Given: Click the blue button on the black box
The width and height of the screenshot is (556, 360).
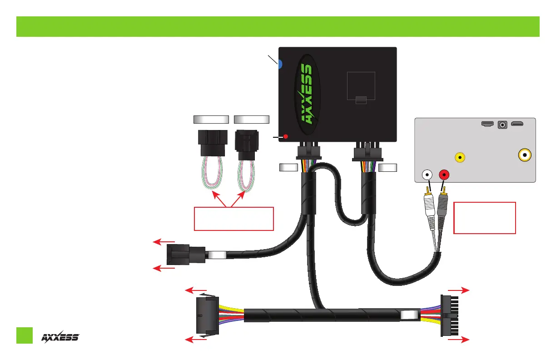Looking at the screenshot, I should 280,65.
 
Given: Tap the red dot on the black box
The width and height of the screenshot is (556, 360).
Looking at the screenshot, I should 286,136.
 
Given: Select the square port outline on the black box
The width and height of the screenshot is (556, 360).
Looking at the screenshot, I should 361,86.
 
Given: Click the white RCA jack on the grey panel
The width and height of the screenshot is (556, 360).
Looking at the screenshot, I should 427,174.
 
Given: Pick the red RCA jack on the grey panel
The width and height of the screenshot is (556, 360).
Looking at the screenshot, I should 443,174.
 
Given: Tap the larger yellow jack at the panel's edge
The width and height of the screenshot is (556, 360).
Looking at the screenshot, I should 525,155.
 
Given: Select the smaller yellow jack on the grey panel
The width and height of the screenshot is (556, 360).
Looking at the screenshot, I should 460,158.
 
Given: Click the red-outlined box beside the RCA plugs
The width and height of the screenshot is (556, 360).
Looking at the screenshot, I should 485,218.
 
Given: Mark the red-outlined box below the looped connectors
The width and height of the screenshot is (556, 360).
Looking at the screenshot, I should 233,219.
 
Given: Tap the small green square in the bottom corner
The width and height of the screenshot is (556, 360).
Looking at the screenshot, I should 25,335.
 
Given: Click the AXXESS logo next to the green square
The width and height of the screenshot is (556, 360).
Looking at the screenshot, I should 60,337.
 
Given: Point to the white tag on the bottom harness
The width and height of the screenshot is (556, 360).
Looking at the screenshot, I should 409,315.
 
